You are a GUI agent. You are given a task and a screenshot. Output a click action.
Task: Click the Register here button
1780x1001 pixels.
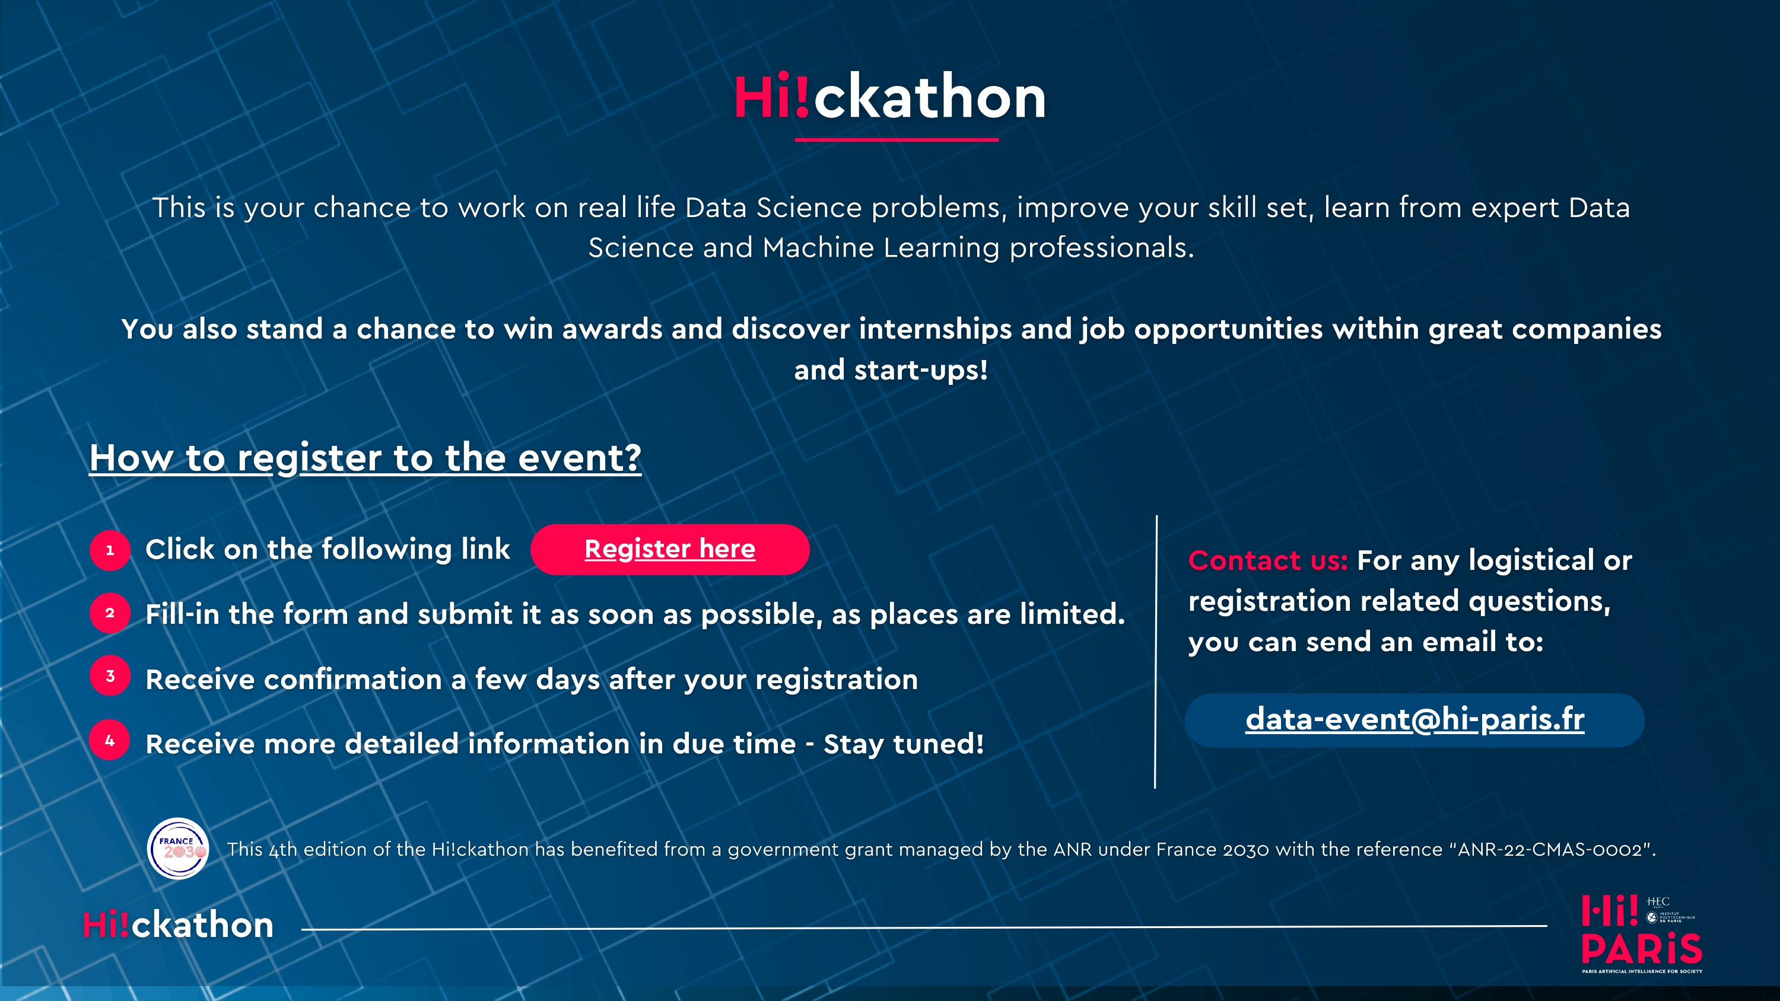pyautogui.click(x=669, y=549)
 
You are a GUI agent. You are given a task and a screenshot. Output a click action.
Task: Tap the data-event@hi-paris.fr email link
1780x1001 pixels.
pyautogui.click(x=1415, y=720)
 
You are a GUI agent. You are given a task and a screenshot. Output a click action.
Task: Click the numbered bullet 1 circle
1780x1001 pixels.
pyautogui.click(x=110, y=550)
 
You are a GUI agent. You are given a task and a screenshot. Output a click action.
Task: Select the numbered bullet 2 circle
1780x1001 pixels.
pyautogui.click(x=110, y=613)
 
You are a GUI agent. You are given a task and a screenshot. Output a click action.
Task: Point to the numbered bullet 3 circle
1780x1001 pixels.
pyautogui.click(x=110, y=675)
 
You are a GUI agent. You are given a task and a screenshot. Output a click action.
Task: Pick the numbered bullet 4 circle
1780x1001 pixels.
pyautogui.click(x=110, y=741)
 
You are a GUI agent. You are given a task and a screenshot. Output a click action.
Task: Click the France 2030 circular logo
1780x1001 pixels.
pyautogui.click(x=178, y=849)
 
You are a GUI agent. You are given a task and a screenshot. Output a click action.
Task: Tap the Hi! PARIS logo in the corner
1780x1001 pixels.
pyautogui.click(x=1641, y=934)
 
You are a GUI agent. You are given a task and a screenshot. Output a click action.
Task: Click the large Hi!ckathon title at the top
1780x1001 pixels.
pyautogui.click(x=890, y=97)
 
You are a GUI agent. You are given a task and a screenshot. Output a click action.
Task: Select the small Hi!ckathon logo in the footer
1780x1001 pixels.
pyautogui.click(x=178, y=925)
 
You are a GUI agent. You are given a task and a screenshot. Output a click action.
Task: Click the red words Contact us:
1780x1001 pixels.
pyautogui.click(x=1267, y=560)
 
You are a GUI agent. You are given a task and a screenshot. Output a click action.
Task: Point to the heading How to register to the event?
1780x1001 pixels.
pyautogui.click(x=365, y=457)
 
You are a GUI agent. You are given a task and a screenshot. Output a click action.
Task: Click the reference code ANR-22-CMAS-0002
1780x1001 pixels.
pyautogui.click(x=1550, y=849)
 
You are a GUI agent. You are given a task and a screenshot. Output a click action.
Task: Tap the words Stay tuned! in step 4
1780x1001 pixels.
pyautogui.click(x=903, y=744)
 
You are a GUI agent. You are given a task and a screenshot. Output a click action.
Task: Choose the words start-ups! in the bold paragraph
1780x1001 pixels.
pyautogui.click(x=920, y=370)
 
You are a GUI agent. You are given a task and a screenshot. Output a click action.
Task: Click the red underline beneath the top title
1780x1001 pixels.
pyautogui.click(x=896, y=139)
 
